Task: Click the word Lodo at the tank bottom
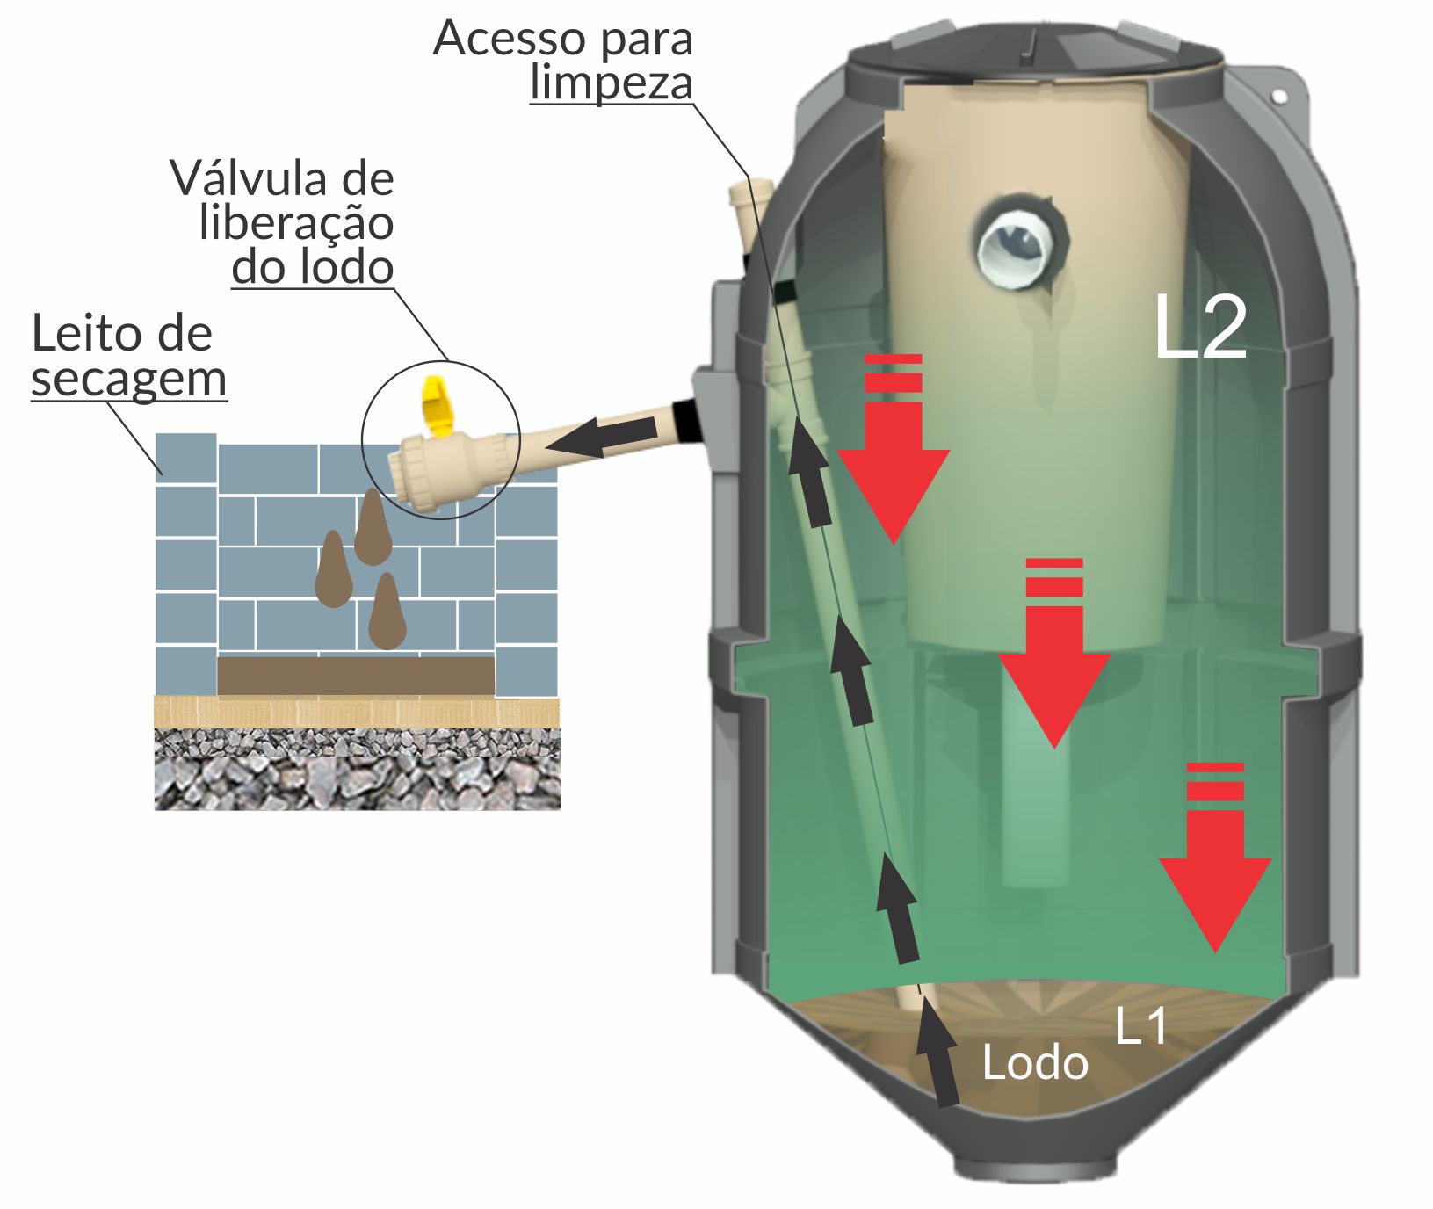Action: point(1034,1063)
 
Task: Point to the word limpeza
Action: point(612,83)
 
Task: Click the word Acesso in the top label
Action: point(496,38)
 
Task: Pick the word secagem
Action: point(129,380)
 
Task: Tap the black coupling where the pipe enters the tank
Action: point(687,420)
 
